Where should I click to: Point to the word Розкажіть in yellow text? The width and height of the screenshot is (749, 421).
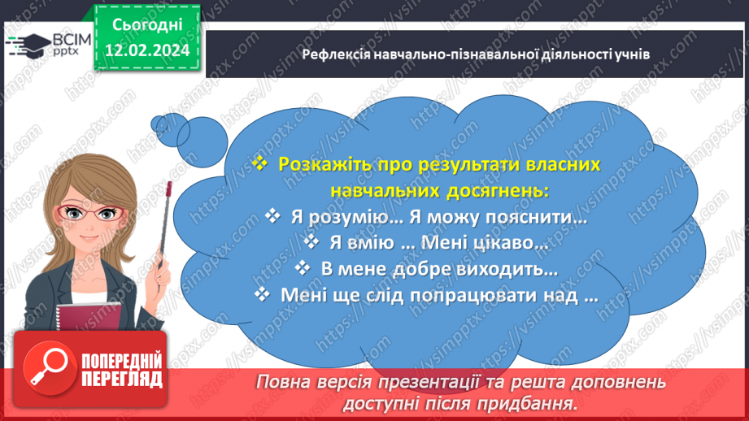[319, 163]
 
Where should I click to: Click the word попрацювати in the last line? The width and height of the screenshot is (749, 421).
[472, 294]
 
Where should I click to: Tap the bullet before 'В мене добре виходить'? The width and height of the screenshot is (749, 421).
[302, 268]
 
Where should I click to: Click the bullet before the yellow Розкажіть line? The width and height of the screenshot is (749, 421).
[259, 163]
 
